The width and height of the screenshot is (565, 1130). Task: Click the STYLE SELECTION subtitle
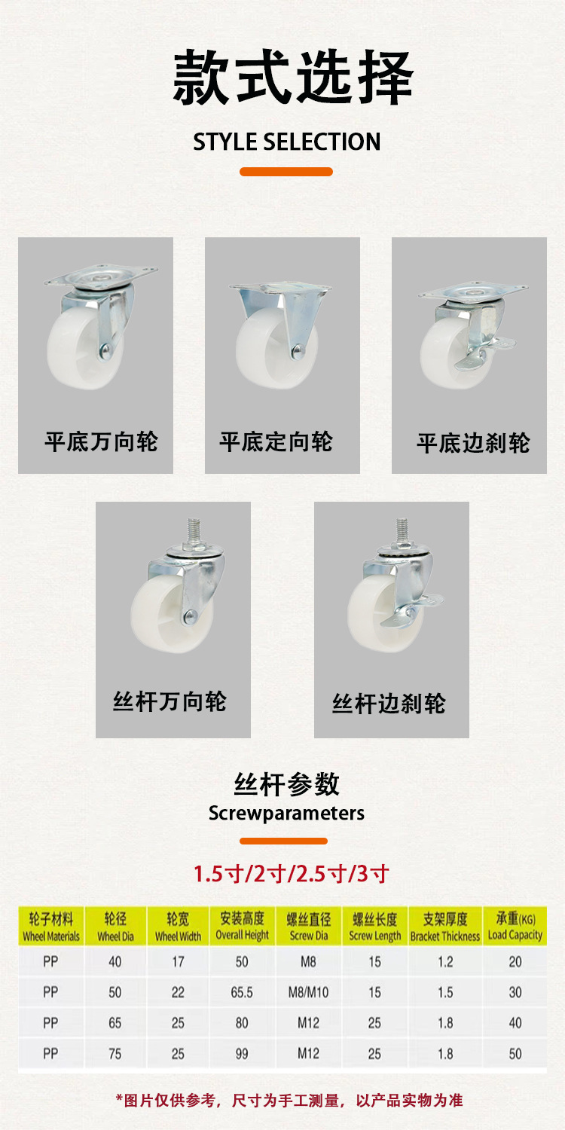pos(286,142)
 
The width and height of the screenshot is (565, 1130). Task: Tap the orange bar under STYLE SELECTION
pos(286,172)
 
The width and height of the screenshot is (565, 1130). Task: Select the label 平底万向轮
pos(101,441)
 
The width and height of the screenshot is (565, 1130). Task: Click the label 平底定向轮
pos(276,441)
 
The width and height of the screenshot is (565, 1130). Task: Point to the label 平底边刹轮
pos(473,443)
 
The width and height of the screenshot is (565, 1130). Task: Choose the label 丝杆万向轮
pos(169,702)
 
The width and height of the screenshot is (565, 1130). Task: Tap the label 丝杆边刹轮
pos(389,704)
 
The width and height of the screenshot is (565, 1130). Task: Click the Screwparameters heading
pos(286,814)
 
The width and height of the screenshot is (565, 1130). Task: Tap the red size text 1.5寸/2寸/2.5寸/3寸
pos(291,874)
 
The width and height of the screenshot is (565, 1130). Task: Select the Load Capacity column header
pos(515,927)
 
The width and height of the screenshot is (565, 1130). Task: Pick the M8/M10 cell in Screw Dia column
pos(308,992)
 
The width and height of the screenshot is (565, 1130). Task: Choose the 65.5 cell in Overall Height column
pos(242,992)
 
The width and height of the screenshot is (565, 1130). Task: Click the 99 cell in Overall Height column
pos(242,1054)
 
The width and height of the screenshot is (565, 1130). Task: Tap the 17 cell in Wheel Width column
pos(178,961)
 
